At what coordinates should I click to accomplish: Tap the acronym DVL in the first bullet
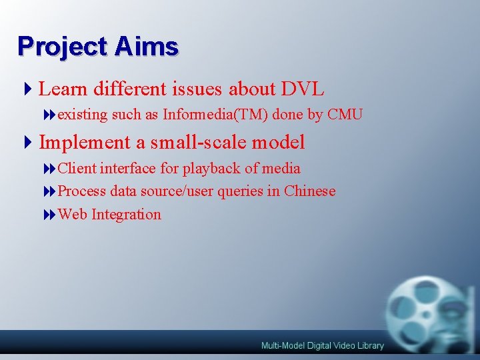pos(303,89)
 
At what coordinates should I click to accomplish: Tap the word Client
pos(77,169)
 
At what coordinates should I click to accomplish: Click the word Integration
pos(126,215)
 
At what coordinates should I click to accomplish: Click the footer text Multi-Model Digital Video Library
pos(322,345)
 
